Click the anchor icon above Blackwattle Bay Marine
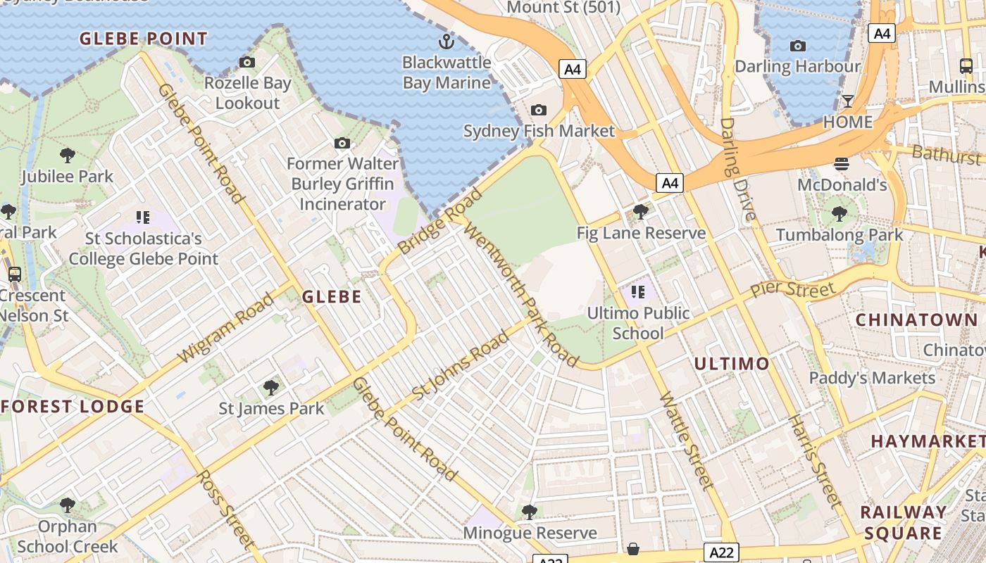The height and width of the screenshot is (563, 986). (x=446, y=40)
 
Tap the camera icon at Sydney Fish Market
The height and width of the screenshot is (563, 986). (x=539, y=110)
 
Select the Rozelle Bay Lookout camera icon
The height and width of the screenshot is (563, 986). (x=247, y=62)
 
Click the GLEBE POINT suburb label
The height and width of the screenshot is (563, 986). (x=144, y=39)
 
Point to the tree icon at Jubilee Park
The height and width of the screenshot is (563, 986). (x=68, y=155)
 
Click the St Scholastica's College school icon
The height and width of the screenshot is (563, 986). (x=144, y=217)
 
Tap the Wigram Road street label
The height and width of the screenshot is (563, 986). (x=226, y=328)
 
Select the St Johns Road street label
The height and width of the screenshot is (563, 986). (x=460, y=366)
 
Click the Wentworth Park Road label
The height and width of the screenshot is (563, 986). (x=520, y=295)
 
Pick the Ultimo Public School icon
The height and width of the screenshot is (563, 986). (x=638, y=291)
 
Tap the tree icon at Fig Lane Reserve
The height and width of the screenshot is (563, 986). (x=640, y=211)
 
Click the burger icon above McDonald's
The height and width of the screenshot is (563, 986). (x=842, y=164)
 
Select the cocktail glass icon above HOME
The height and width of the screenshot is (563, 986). (x=848, y=101)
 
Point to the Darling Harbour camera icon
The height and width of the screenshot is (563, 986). (x=798, y=46)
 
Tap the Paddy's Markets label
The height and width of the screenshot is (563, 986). (x=872, y=378)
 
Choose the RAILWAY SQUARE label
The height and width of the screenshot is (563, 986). (x=904, y=522)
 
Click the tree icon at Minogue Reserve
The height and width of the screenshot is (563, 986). (x=530, y=512)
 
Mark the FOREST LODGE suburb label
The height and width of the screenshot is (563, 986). (x=73, y=406)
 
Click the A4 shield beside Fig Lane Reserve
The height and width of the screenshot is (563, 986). (x=670, y=184)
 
